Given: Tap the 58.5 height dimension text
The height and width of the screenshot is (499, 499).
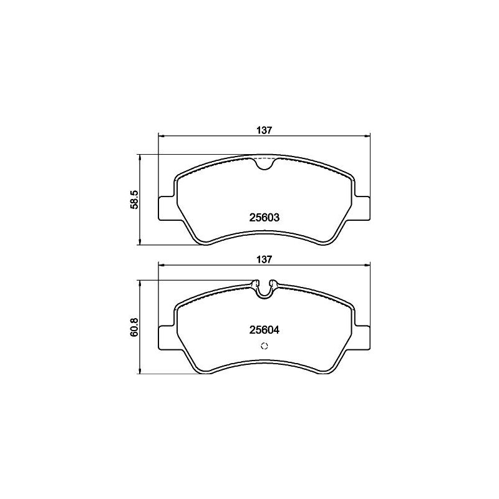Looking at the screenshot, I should [x=133, y=200].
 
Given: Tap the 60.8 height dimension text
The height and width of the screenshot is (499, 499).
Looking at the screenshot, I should [x=133, y=327].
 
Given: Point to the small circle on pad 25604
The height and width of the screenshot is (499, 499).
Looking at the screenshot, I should [x=264, y=347].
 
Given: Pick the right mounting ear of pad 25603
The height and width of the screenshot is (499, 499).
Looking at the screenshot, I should [x=363, y=208].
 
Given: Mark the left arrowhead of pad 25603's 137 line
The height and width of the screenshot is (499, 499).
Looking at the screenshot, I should [x=162, y=137].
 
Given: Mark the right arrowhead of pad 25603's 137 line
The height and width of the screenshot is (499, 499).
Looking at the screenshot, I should [x=368, y=137].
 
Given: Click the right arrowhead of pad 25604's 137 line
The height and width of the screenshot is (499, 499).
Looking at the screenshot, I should [x=368, y=264].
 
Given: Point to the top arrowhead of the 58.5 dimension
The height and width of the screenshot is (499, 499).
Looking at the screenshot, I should [x=140, y=158].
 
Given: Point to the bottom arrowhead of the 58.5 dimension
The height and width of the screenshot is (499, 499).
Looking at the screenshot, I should [x=140, y=242].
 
